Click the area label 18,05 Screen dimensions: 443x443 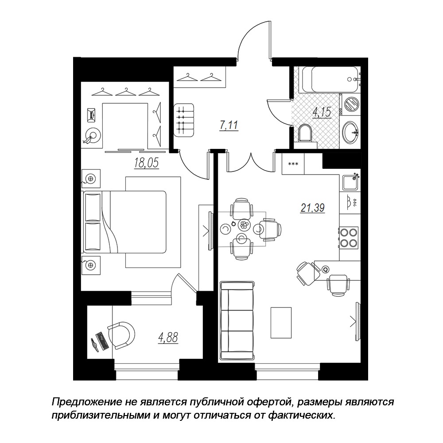pyautogui.click(x=146, y=163)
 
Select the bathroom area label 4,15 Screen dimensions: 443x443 pyautogui.click(x=322, y=112)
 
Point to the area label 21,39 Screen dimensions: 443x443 pyautogui.click(x=312, y=208)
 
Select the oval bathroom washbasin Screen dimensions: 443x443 pyautogui.click(x=350, y=132)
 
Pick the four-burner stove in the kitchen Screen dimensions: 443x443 pyautogui.click(x=349, y=237)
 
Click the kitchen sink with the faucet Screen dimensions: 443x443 pyautogui.click(x=350, y=183)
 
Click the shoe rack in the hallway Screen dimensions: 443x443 pyautogui.click(x=184, y=120)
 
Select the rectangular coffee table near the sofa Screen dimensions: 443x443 pyautogui.click(x=281, y=323)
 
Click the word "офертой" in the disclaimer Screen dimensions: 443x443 pyautogui.click(x=264, y=402)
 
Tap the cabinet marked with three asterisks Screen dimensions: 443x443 pyautogui.click(x=293, y=164)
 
